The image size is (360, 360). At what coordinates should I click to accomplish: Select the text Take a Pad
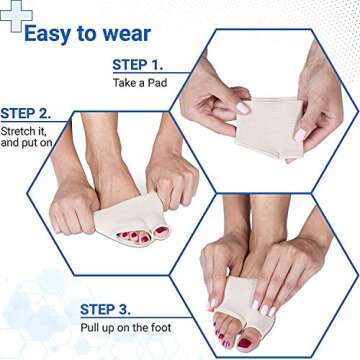point(137,85)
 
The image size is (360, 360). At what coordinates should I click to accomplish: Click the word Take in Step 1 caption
point(121,85)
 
